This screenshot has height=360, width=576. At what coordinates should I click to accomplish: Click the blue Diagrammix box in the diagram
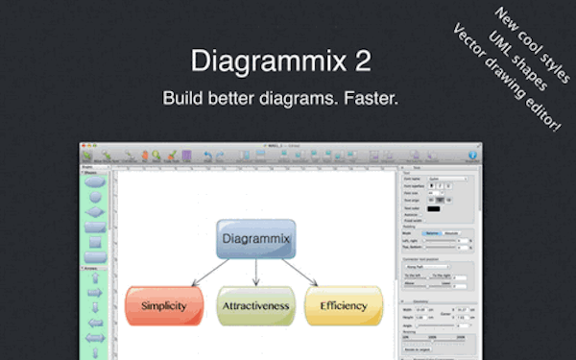(255, 237)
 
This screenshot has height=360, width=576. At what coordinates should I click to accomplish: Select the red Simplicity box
(164, 305)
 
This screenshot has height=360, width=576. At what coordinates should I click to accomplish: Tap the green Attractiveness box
(255, 305)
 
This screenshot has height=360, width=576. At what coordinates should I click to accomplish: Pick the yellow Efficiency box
(344, 305)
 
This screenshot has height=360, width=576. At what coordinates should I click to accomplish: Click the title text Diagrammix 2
(280, 60)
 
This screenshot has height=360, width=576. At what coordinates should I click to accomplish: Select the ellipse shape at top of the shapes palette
(94, 181)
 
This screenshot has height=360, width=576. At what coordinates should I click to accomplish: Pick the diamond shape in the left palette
(94, 212)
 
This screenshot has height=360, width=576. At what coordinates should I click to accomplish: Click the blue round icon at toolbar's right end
(472, 154)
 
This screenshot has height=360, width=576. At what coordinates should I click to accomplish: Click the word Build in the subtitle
(182, 99)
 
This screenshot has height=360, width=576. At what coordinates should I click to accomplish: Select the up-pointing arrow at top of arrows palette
(94, 276)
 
